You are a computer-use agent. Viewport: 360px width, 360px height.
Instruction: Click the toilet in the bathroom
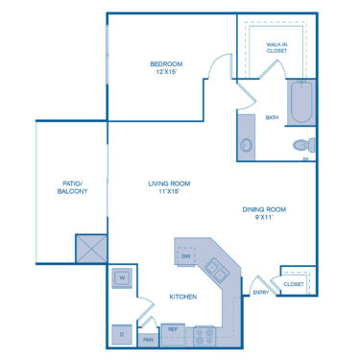tap(302, 146)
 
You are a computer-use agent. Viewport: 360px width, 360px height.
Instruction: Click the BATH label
tap(273, 118)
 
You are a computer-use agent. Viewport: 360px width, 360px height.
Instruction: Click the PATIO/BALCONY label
tap(72, 187)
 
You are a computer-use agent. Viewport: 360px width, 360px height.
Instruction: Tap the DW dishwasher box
tap(186, 255)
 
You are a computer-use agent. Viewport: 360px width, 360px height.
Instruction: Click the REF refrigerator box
tap(175, 329)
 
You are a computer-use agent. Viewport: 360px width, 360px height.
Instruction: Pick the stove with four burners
tap(204, 336)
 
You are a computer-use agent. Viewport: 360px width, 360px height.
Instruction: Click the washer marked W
tap(123, 278)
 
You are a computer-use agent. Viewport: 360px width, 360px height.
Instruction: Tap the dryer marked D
tap(122, 333)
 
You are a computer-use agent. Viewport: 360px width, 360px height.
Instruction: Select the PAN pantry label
tap(148, 339)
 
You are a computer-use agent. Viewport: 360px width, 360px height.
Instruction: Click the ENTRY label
tap(260, 293)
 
